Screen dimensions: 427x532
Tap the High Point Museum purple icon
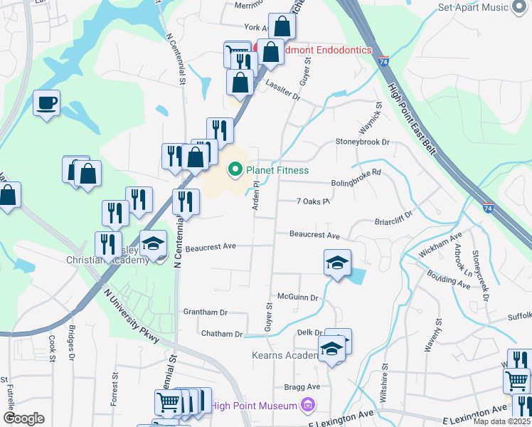point(307,406)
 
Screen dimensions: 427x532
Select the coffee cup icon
point(46,103)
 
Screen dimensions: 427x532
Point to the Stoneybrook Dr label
point(363,142)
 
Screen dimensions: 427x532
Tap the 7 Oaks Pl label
point(314,201)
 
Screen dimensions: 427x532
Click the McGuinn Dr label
point(297,297)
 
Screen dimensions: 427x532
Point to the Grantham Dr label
point(205,312)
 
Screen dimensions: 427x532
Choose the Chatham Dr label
point(222,334)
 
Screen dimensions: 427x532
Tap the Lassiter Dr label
point(283,93)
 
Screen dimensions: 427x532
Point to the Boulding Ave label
point(449,278)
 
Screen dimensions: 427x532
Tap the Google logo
point(23,418)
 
